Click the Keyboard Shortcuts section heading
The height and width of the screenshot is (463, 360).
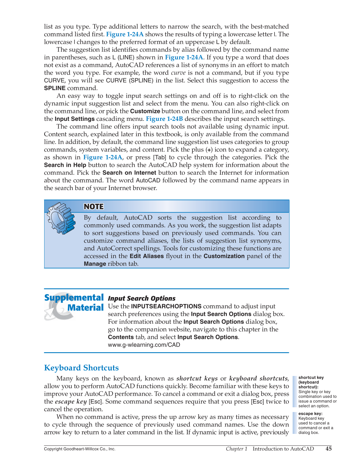tap(81, 368)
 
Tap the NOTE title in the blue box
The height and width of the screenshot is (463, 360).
tap(94, 207)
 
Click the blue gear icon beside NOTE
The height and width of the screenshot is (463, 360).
tap(61, 218)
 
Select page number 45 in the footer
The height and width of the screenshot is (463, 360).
tap(328, 449)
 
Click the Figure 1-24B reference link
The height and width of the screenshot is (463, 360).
tap(164, 119)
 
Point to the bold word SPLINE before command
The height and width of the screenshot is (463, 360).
tap(55, 88)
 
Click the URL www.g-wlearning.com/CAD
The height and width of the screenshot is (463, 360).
tap(144, 345)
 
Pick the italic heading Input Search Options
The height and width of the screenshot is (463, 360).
tap(142, 298)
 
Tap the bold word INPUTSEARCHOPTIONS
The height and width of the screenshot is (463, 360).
tap(166, 306)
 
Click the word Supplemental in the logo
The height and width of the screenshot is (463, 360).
tap(74, 297)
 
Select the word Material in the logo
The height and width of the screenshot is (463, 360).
tap(85, 308)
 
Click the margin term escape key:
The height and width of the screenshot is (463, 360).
tap(310, 414)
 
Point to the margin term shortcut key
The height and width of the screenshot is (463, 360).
tap(311, 378)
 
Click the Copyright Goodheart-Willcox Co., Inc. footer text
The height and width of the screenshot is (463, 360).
tap(80, 449)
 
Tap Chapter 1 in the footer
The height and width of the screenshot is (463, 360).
tap(237, 449)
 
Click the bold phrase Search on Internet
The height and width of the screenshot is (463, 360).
tap(129, 173)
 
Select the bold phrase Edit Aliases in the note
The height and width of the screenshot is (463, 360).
tap(147, 256)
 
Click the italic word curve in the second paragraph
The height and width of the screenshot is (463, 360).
tap(178, 73)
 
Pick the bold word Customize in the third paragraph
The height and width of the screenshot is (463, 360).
tap(145, 111)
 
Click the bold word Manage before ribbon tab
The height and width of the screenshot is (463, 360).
tap(95, 264)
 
